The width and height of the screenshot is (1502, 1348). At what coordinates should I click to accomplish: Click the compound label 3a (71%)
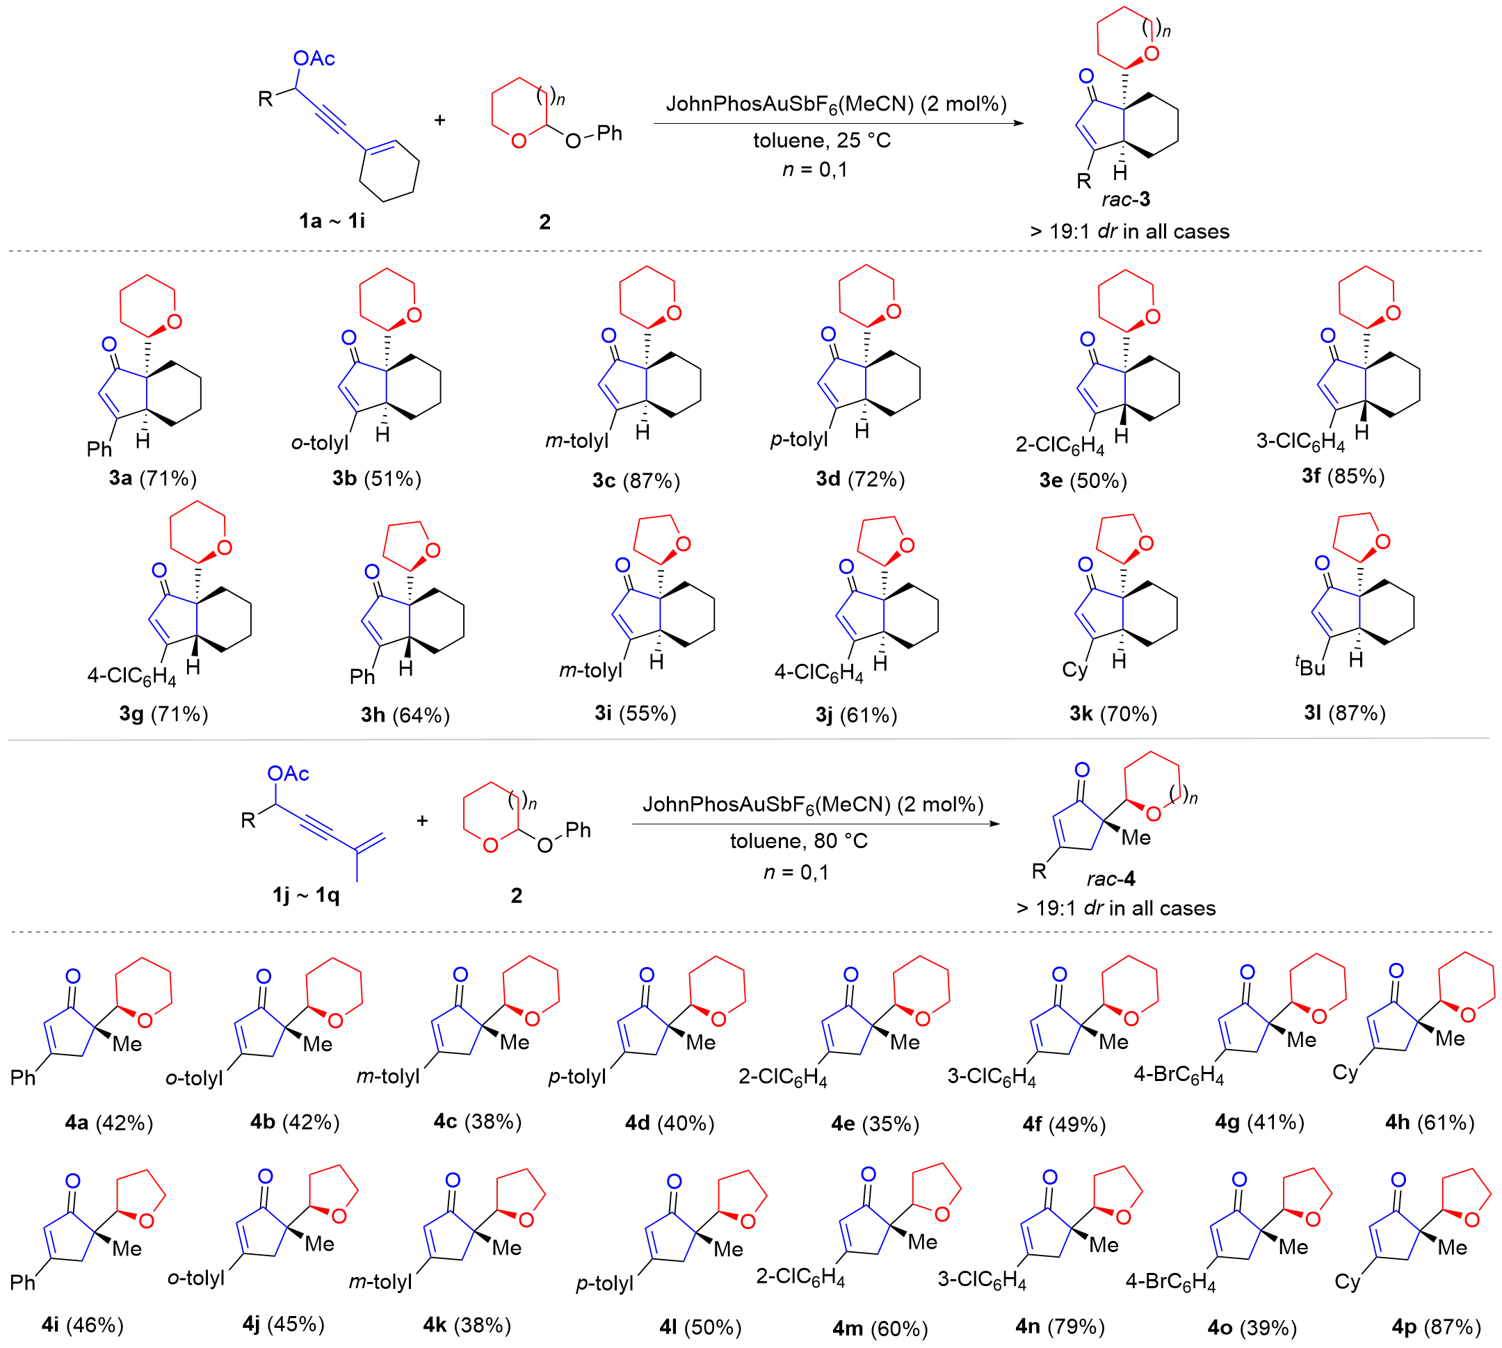click(x=153, y=478)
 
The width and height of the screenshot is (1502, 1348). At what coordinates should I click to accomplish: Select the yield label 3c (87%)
click(x=636, y=480)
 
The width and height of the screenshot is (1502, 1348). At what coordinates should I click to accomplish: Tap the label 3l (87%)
click(x=1344, y=713)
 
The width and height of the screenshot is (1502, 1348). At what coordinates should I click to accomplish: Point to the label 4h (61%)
click(x=1430, y=1122)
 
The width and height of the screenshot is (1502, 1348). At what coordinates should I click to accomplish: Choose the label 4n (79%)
click(x=1060, y=1326)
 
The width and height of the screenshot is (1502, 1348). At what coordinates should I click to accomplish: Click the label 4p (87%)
click(x=1436, y=1326)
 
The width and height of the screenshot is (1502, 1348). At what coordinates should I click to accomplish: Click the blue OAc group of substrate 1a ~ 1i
click(x=314, y=58)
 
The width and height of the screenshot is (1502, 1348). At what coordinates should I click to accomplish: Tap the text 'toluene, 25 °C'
click(x=822, y=140)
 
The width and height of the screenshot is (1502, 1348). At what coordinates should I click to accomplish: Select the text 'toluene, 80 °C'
click(x=798, y=841)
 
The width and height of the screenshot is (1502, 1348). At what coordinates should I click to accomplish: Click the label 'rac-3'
click(x=1126, y=200)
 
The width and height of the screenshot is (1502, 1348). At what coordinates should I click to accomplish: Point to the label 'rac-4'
click(x=1111, y=879)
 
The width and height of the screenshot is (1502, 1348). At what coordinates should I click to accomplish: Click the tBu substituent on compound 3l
click(x=1310, y=667)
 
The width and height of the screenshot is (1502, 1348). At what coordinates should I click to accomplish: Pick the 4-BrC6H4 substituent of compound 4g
click(x=1178, y=1075)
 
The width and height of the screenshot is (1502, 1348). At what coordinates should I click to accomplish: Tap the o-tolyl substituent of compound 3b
click(x=319, y=443)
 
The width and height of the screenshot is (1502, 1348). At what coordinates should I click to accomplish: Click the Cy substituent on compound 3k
click(x=1074, y=670)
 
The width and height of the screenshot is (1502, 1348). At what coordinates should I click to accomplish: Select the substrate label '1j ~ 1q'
click(x=305, y=895)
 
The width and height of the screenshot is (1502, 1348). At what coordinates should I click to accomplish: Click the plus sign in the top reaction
click(x=439, y=120)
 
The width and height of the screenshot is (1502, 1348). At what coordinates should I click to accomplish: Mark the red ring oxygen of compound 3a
click(x=175, y=320)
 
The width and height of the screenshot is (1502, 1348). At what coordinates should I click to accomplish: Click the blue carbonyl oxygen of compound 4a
click(x=73, y=977)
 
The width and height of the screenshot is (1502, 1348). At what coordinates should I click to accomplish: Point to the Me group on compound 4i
click(x=127, y=1248)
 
